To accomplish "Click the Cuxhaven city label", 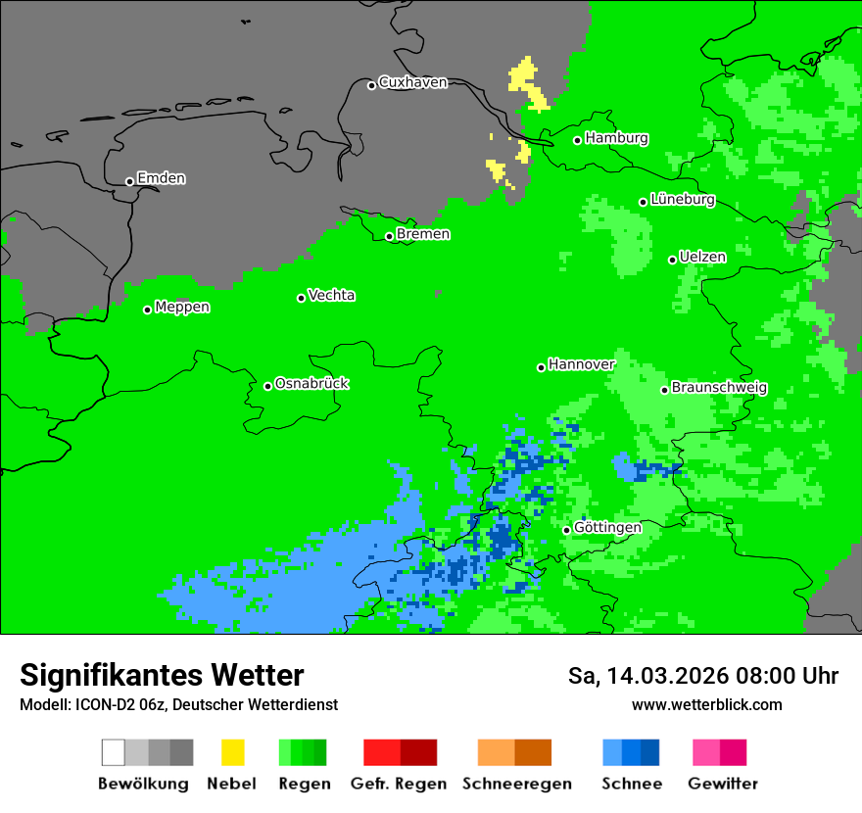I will point(412,82).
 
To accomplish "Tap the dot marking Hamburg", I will point(578,140).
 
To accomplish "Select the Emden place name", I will point(161,178).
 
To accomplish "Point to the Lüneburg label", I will point(682,200).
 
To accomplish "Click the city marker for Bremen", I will point(389,236).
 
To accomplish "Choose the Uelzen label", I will point(702,258).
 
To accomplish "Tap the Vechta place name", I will point(331,295).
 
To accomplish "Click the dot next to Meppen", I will point(147,310).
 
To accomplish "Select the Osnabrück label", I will point(311,384).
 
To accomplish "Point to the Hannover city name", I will point(581,364).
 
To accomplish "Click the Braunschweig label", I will point(719,388).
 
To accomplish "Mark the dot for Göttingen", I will point(566,530).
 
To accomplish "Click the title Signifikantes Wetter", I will point(162,676).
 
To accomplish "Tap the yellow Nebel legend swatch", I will point(232,752).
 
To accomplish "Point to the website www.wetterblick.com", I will point(706,704).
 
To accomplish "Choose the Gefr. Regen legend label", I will point(398,784).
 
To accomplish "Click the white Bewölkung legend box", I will point(113,752).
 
